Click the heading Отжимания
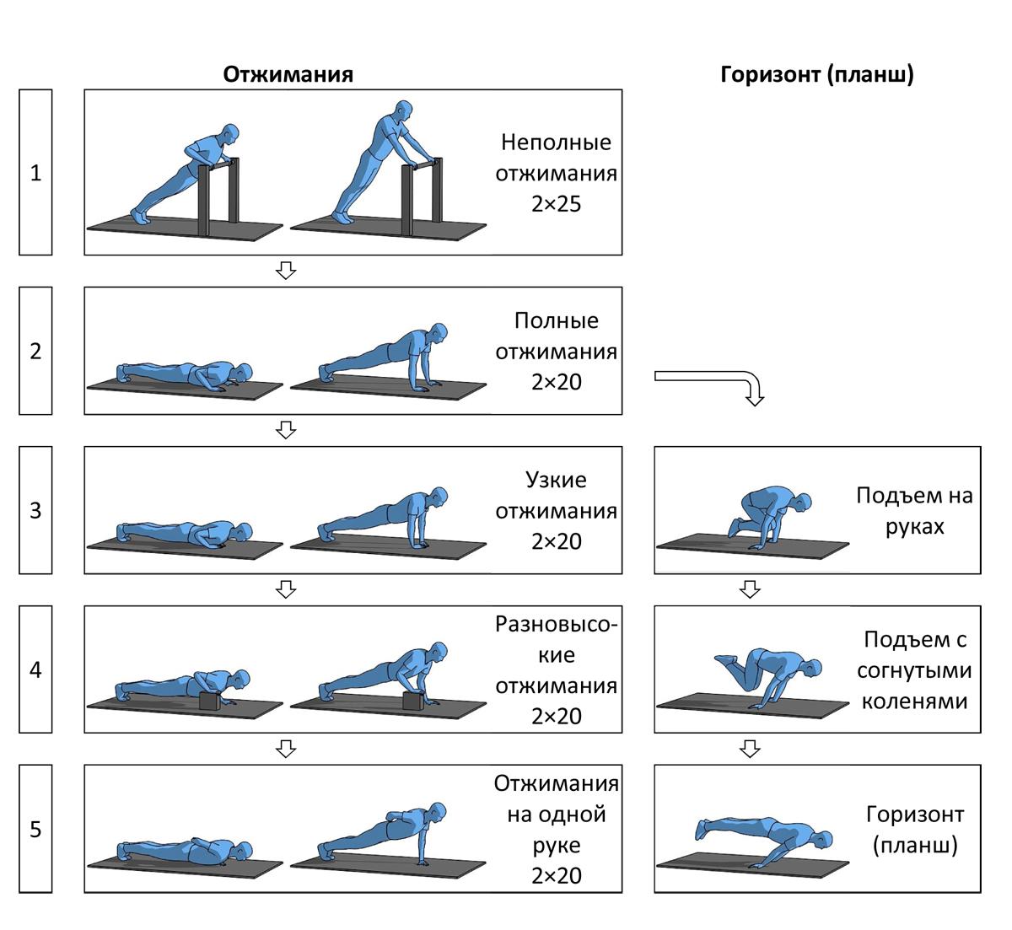point(288,74)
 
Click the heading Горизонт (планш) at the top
point(817,74)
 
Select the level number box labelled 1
point(35,173)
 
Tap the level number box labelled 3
point(35,510)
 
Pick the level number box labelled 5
point(35,829)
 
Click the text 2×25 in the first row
point(556,204)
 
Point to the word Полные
point(556,321)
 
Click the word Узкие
point(556,481)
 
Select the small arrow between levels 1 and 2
point(287,271)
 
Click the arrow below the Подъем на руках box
point(749,589)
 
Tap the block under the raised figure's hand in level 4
point(413,701)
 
